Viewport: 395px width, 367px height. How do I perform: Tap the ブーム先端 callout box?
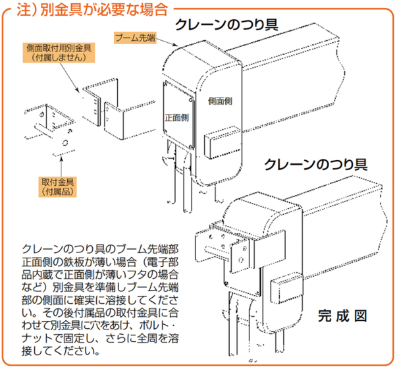tap(135, 38)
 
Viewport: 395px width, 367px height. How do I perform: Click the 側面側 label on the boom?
tap(219, 101)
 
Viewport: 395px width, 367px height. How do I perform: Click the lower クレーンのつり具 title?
tap(316, 164)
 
